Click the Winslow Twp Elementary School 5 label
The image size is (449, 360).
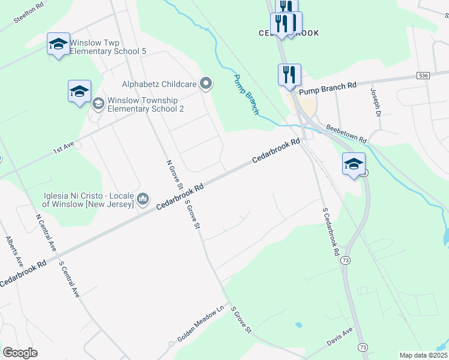click(x=108, y=47)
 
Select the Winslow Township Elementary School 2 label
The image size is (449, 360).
click(x=146, y=104)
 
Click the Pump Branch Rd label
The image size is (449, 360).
click(x=327, y=87)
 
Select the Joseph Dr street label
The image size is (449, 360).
click(x=376, y=103)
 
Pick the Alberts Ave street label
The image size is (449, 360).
click(x=15, y=251)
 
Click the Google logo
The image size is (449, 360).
click(x=20, y=353)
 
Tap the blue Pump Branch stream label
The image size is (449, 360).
click(x=247, y=95)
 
